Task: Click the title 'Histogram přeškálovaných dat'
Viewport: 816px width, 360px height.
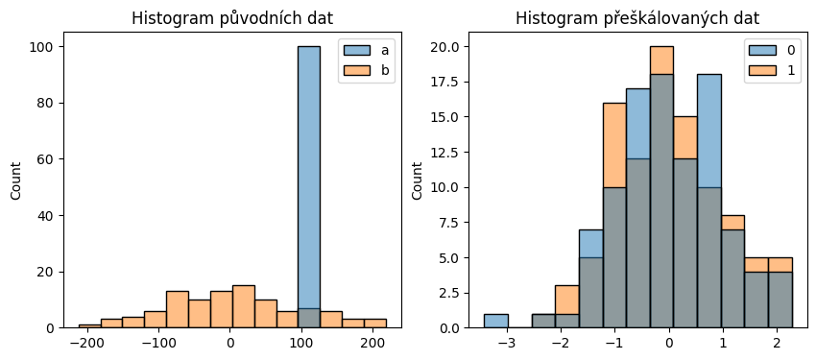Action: coord(636,18)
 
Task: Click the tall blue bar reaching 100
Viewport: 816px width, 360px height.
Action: coord(308,182)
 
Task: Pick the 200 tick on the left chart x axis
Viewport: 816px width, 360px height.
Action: coord(372,343)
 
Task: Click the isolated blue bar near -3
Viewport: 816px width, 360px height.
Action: coord(496,321)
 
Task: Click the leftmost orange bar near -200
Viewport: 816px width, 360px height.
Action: coord(89,326)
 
